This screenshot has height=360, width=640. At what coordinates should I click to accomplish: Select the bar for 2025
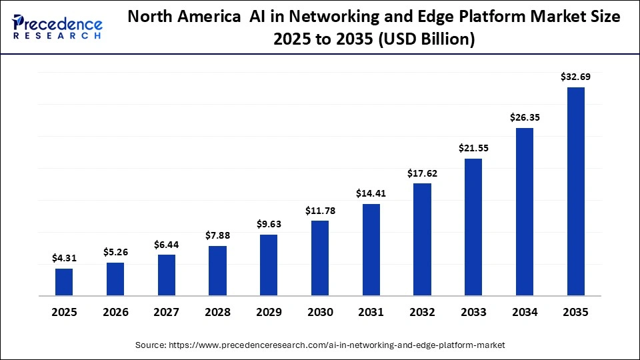pos(64,282)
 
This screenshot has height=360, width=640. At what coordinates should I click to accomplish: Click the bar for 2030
pos(320,258)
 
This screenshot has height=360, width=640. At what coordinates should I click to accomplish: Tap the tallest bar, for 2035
pos(576,191)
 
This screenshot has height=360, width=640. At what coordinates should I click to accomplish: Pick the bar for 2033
pos(473,227)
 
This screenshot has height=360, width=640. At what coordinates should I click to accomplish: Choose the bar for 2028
pos(217,271)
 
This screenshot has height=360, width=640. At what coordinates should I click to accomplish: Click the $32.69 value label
pos(576,77)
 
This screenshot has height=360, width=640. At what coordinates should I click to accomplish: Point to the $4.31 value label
pos(64,258)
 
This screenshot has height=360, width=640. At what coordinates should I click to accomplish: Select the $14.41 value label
pos(371,193)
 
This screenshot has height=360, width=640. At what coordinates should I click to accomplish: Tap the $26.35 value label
pos(525,117)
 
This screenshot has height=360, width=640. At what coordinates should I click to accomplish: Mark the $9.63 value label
pos(269,224)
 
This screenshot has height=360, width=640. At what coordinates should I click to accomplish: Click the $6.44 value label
pos(166,244)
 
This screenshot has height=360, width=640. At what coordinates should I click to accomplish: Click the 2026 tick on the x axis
pos(115,312)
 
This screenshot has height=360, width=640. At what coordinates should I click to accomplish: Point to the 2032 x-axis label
pos(422,312)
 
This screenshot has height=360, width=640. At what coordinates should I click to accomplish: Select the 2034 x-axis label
pos(525,312)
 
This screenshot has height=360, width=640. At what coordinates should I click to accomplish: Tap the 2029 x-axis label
pos(269,312)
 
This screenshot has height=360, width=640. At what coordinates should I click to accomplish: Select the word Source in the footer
pos(151,345)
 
